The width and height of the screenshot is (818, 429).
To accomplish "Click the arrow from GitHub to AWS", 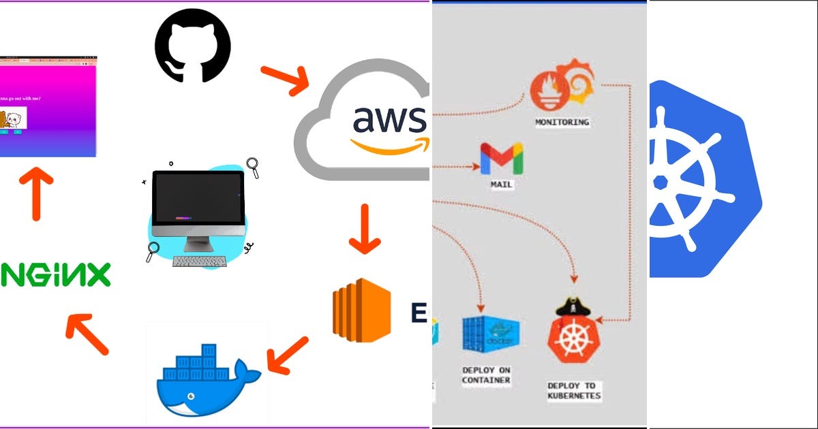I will point(284,80).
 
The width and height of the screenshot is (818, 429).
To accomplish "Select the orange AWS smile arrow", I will point(392,145).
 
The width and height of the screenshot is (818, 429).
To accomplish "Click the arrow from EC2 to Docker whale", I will point(288,353).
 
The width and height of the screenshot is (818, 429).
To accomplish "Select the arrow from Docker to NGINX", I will point(87,334).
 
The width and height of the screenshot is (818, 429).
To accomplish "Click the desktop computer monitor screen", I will point(198,197).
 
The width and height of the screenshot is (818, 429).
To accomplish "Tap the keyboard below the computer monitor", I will point(200,261).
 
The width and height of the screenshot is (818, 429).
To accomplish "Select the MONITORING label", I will point(562,123).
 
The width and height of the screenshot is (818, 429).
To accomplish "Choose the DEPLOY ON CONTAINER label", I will point(486,375).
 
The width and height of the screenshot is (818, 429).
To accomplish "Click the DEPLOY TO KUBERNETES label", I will point(574,390).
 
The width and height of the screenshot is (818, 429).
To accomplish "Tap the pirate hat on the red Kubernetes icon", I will point(573,306).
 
